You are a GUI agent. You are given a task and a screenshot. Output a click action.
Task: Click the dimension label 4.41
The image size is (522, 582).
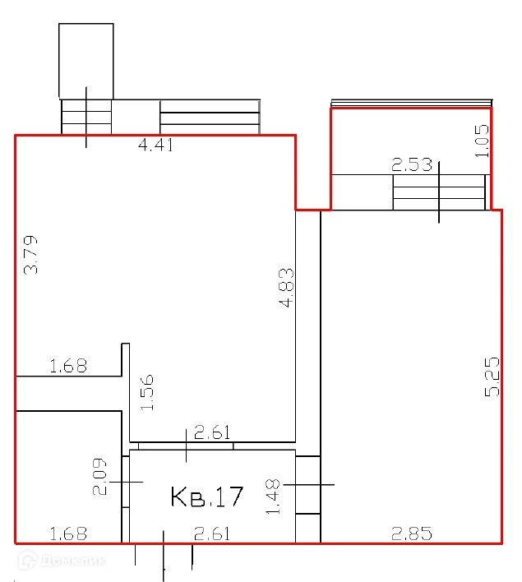[x=155, y=145]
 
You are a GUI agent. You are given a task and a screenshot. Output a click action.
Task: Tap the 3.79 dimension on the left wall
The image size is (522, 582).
[x=30, y=255]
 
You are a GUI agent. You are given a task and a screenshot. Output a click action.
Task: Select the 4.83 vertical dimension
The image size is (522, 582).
[x=286, y=288]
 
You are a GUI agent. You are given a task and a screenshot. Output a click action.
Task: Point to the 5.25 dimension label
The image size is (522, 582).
[x=492, y=376]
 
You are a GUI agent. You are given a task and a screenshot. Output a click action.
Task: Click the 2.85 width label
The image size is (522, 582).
[x=412, y=533]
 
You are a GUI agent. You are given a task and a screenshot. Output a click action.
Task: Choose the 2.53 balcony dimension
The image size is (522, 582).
[x=412, y=164]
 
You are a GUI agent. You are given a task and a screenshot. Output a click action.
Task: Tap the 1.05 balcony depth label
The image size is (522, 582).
[x=483, y=141]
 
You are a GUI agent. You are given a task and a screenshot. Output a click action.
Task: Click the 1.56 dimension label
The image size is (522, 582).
[x=147, y=392]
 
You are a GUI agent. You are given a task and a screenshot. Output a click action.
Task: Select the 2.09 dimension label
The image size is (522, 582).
[x=99, y=477]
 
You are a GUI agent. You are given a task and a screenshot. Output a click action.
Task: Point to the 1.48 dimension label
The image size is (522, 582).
[x=273, y=497]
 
